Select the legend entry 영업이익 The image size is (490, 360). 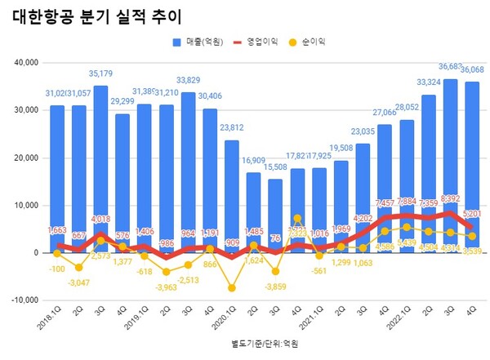262,42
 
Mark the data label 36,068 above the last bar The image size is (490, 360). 473,70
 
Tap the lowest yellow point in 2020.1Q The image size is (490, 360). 232,288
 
